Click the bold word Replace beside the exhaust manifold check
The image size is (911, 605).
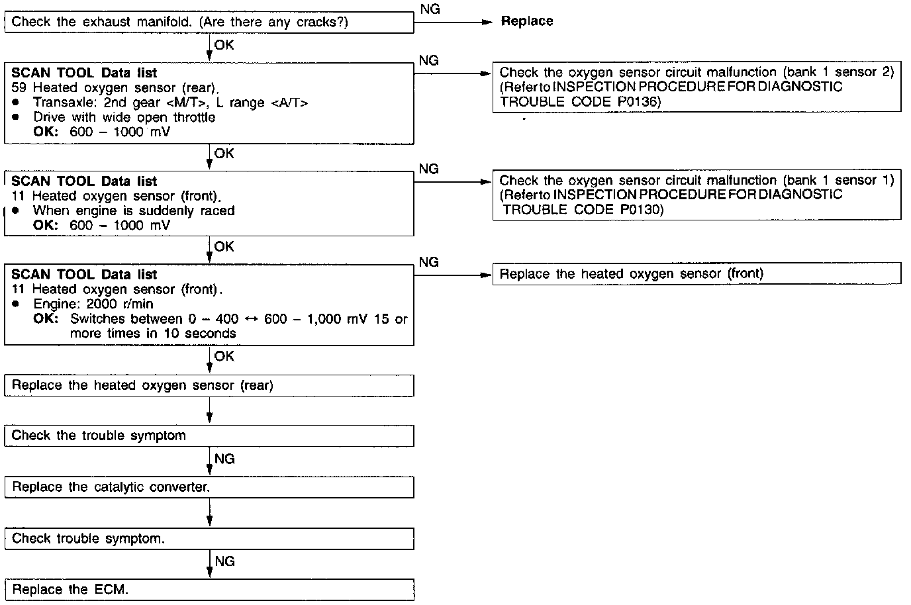(x=526, y=21)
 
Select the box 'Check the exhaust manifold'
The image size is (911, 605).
(x=209, y=23)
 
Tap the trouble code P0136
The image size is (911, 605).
(x=640, y=102)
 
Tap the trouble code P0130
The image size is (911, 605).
(x=642, y=210)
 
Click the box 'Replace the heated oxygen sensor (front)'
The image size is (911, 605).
(x=696, y=274)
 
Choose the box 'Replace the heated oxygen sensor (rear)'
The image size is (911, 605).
(x=209, y=386)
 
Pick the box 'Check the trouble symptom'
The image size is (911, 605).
(x=209, y=436)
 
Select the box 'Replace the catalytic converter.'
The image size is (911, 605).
(x=209, y=487)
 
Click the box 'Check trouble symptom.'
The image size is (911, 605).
(x=209, y=539)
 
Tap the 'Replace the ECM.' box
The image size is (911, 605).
(x=209, y=590)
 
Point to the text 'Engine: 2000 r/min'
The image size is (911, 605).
(x=93, y=304)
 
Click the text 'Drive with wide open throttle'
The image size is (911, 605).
(x=124, y=117)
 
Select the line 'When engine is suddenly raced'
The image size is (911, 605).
(x=134, y=210)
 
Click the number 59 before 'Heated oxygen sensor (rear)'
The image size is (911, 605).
(x=19, y=87)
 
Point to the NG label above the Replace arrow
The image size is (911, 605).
(x=430, y=9)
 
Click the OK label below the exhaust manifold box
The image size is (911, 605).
(x=224, y=45)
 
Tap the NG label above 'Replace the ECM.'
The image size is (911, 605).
(x=224, y=561)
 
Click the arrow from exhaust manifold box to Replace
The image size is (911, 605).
(x=453, y=22)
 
